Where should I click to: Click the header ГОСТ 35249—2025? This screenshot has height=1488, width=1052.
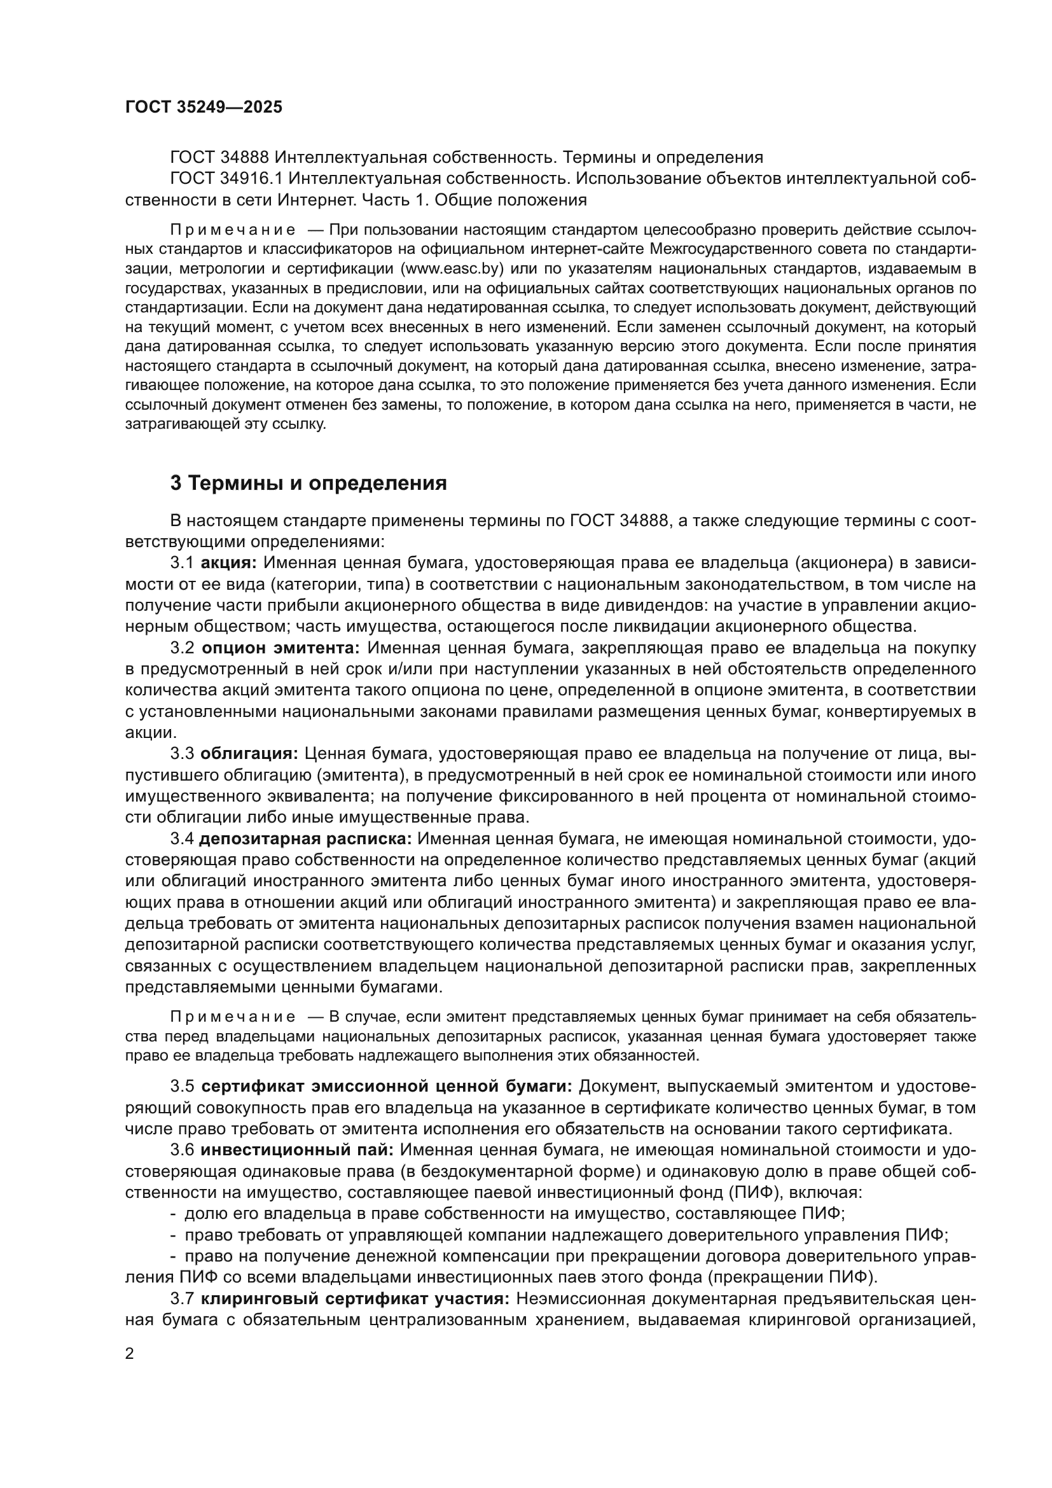[204, 108]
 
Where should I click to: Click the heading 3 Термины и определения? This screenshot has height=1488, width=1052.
[308, 483]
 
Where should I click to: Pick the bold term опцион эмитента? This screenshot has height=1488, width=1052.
[280, 648]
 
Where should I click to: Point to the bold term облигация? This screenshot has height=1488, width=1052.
[249, 754]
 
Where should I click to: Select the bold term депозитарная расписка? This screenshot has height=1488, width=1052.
[305, 838]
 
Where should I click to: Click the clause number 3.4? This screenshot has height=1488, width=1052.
[182, 838]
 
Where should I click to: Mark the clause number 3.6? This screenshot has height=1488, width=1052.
[182, 1150]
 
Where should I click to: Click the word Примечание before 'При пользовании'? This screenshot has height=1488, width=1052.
[233, 230]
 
